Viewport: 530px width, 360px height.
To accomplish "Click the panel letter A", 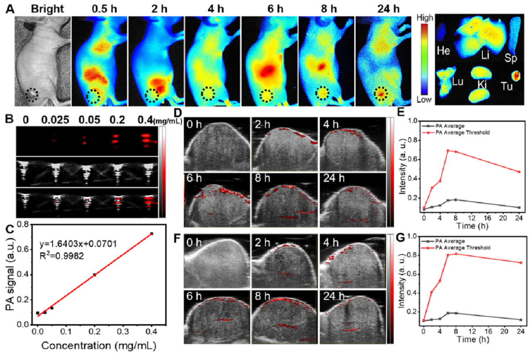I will [x=8, y=8].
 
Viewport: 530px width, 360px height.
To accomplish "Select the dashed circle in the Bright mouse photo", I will [x=32, y=94].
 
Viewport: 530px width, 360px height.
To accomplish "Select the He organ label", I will [x=443, y=51].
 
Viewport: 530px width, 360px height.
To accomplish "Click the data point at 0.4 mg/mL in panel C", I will [x=151, y=234].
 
